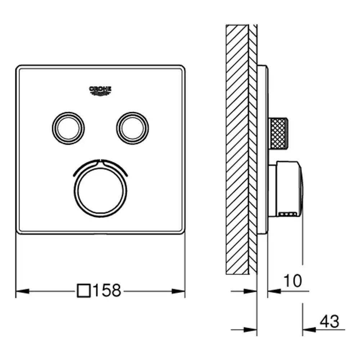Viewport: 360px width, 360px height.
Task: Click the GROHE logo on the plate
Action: [100, 91]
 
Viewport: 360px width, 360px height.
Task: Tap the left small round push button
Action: [68, 128]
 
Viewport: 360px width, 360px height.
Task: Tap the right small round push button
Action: [132, 128]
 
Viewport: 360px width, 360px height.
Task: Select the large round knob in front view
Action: [100, 191]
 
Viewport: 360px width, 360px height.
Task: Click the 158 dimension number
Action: [107, 290]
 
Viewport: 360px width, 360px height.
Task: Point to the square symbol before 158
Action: [84, 291]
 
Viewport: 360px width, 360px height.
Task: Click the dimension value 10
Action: [293, 280]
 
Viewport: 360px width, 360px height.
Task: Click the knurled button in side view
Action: [278, 134]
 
